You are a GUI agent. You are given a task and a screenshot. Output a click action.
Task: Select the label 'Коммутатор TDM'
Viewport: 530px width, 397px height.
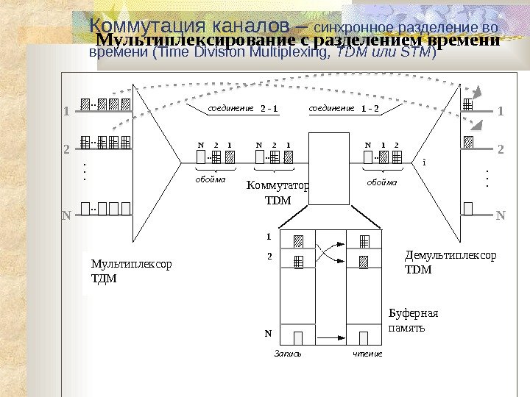tap(278, 193)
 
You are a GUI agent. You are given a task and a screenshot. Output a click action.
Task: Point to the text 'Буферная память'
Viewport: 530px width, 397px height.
tap(412, 320)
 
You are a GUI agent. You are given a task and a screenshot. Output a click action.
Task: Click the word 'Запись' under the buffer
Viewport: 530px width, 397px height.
tap(288, 354)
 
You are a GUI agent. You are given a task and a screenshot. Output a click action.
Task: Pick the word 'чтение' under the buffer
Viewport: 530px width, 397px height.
tap(367, 354)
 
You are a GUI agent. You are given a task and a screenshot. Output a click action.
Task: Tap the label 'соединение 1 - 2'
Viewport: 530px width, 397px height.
tap(343, 109)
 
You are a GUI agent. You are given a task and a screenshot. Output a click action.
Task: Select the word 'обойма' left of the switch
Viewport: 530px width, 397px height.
tap(211, 178)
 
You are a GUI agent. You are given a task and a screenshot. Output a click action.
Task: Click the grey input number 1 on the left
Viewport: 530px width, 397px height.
tap(65, 112)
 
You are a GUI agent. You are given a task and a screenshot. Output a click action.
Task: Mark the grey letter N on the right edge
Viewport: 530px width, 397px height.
tap(501, 216)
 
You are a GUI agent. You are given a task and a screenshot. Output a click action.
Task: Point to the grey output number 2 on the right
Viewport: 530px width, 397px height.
tap(501, 149)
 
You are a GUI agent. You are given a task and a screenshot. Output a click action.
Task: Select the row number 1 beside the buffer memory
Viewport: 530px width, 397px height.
tap(269, 237)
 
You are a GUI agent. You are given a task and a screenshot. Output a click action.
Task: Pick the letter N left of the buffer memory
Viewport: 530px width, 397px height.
tap(268, 333)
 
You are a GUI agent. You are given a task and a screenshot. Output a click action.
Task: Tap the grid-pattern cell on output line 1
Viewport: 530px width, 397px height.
tap(468, 105)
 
